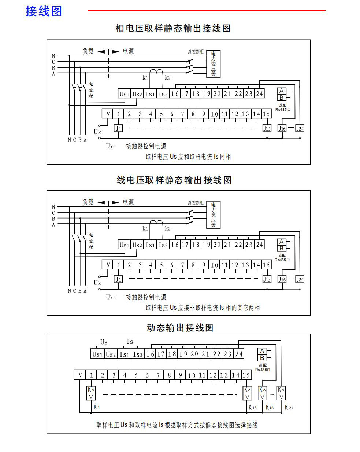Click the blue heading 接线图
click(44, 11)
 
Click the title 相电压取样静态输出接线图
click(173, 28)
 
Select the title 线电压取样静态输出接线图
click(174, 180)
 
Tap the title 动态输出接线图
click(180, 327)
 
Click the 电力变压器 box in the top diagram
click(213, 64)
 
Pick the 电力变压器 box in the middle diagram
click(213, 214)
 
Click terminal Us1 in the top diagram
click(125, 94)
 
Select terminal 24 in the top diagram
click(259, 93)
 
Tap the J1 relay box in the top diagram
click(118, 128)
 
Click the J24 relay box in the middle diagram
click(300, 279)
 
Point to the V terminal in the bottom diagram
click(80, 375)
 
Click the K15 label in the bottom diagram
click(252, 407)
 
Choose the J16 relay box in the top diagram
click(282, 128)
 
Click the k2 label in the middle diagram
click(167, 228)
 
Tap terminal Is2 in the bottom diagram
click(138, 354)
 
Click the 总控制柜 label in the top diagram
click(196, 52)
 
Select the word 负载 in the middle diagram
click(88, 202)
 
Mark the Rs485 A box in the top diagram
click(281, 91)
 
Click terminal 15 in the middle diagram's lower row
click(266, 265)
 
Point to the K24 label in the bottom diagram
click(289, 407)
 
